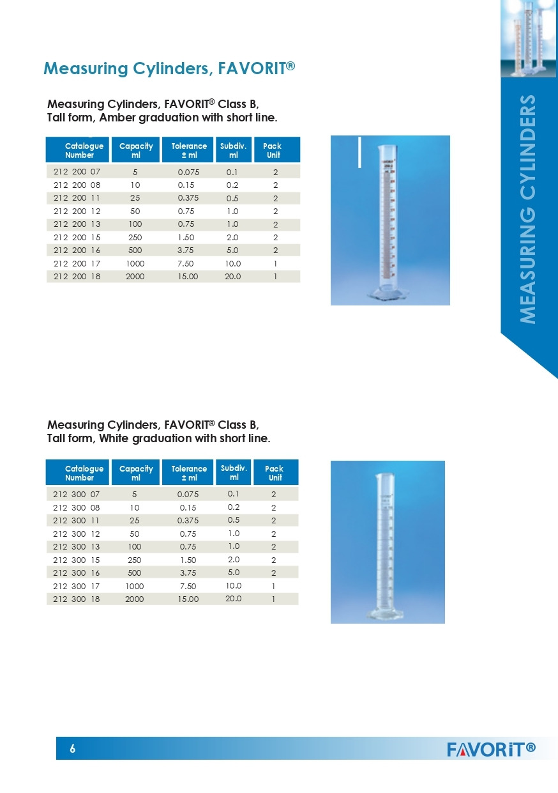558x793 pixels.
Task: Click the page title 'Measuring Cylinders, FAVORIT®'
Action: click(169, 68)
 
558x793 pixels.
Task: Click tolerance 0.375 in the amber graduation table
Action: click(188, 197)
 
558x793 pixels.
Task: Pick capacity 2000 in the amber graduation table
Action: click(135, 277)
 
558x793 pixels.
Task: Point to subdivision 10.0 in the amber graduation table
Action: click(233, 263)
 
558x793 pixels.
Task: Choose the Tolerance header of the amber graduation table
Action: click(189, 150)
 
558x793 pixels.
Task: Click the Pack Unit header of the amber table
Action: click(273, 150)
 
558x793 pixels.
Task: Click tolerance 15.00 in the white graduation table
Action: click(188, 599)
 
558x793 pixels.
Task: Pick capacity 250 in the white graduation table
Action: click(135, 560)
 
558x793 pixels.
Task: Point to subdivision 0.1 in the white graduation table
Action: click(234, 493)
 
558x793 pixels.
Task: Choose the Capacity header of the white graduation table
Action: click(136, 473)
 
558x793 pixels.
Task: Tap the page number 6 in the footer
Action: click(73, 749)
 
